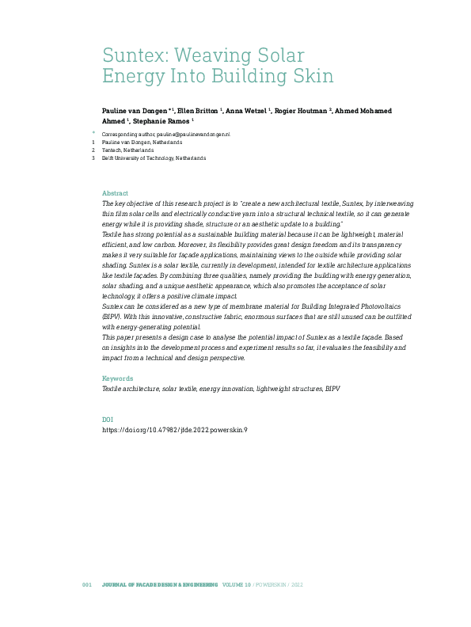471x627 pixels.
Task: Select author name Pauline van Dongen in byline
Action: (135, 111)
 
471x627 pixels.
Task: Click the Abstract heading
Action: (115, 193)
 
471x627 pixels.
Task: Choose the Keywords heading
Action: (118, 378)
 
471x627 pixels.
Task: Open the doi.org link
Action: (175, 429)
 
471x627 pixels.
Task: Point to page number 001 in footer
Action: (88, 584)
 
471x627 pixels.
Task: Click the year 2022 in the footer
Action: (296, 584)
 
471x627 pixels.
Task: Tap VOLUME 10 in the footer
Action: (237, 584)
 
